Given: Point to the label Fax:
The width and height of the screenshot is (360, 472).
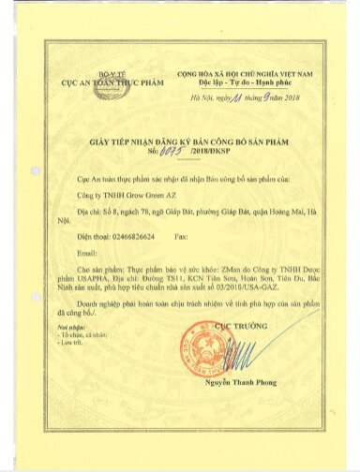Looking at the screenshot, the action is [183, 238].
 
